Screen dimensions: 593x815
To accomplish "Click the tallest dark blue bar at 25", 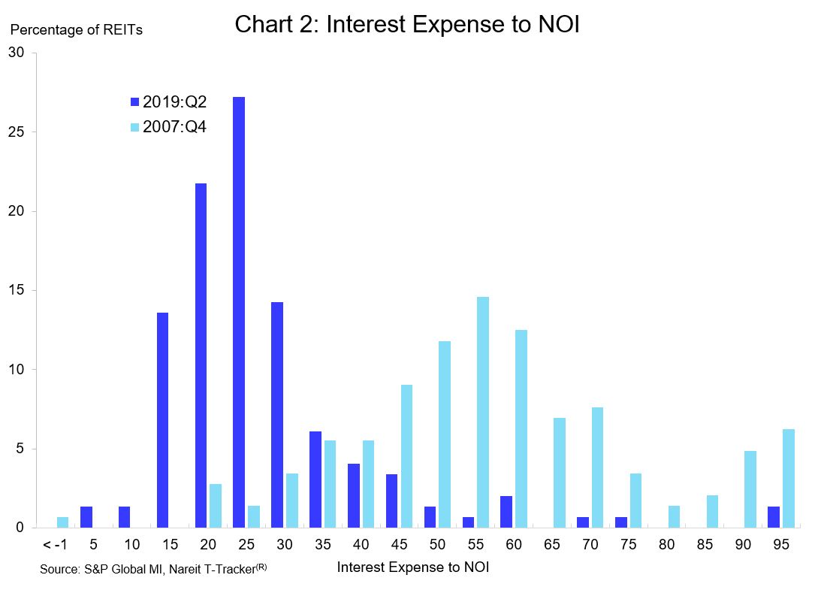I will [239, 312].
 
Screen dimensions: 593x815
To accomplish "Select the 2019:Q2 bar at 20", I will [201, 355].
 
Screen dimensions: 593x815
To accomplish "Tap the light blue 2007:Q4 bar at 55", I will [482, 412].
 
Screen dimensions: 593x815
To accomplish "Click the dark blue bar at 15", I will [162, 419].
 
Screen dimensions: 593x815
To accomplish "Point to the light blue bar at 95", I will [788, 478].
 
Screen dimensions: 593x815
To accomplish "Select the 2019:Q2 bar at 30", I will [277, 414].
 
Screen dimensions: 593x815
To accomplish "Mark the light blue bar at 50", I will [444, 434].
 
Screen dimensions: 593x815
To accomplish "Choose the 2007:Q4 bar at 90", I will [750, 489].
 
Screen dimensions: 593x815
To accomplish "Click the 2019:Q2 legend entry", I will [168, 102].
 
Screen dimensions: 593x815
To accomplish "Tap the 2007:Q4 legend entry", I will [168, 127].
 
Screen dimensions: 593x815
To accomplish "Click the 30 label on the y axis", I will [17, 53].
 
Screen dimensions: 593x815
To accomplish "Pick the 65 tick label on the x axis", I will [552, 545].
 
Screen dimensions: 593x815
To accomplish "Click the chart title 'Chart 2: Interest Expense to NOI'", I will [407, 24].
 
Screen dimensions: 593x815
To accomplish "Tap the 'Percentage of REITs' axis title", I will [76, 30].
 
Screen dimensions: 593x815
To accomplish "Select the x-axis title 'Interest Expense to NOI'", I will [413, 567].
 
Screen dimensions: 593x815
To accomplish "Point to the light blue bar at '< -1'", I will [63, 522].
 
